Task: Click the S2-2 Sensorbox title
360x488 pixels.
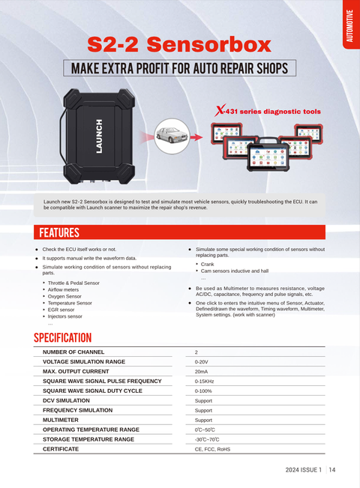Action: coord(179,44)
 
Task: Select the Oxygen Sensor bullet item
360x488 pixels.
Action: coord(64,296)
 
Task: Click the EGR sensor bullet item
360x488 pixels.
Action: coord(61,310)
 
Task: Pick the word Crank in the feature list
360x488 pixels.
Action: coord(207,264)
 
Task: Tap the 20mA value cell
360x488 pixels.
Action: coord(201,372)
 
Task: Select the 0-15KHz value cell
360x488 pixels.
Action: coord(204,382)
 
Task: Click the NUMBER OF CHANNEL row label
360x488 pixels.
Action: coord(73,352)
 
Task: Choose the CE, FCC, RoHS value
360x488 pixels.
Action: coord(212,449)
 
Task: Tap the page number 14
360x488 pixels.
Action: coord(332,470)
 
